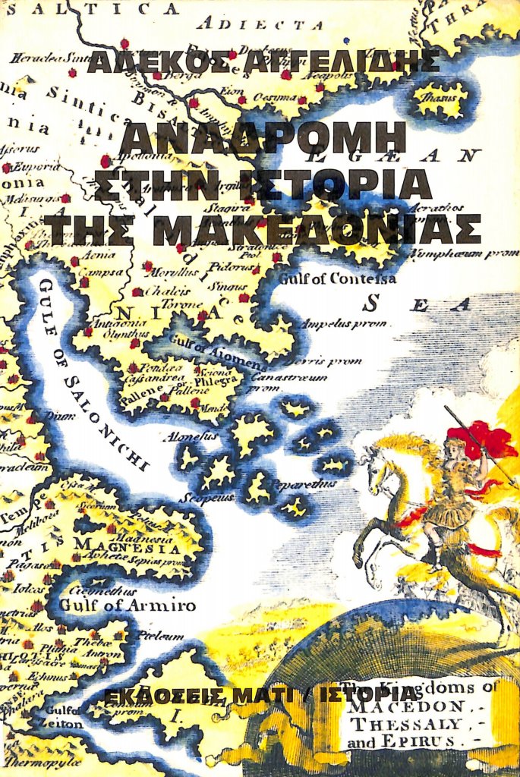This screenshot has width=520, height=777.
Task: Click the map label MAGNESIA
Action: (x=126, y=546)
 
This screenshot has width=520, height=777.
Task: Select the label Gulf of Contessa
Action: (x=337, y=278)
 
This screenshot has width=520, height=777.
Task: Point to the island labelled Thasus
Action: (x=440, y=99)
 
